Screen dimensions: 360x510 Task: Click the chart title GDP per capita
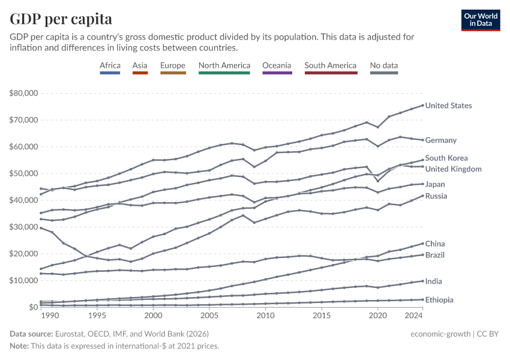(61, 19)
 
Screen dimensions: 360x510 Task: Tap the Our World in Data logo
(481, 20)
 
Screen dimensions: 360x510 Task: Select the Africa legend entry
(110, 65)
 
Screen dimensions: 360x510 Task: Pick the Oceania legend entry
(277, 65)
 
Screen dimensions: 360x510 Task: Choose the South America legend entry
(331, 65)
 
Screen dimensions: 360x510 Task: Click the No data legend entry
(384, 65)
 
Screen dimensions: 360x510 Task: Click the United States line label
(448, 106)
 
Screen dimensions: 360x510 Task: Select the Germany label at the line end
(441, 140)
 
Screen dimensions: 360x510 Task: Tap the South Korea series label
(446, 158)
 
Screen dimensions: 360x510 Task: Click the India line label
(434, 281)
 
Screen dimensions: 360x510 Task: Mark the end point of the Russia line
(422, 196)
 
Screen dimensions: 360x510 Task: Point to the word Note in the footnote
(20, 346)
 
